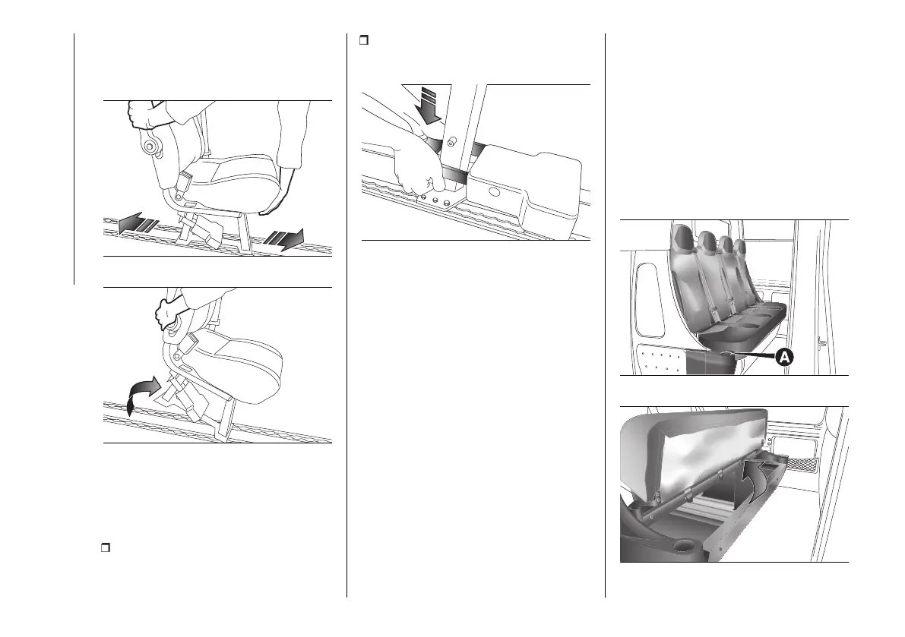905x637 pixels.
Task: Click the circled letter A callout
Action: (x=783, y=358)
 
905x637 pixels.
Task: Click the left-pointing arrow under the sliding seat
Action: (x=138, y=222)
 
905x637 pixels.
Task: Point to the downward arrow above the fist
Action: (x=430, y=104)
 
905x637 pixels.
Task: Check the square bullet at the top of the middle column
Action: (x=364, y=40)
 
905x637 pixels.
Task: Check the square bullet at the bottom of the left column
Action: (x=106, y=547)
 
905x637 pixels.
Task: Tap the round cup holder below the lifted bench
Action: (x=682, y=544)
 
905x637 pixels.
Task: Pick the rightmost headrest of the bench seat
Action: (x=740, y=247)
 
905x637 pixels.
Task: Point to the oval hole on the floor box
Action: (x=494, y=191)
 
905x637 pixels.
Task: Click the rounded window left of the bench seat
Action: (x=649, y=300)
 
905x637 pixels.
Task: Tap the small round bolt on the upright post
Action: (x=451, y=140)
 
